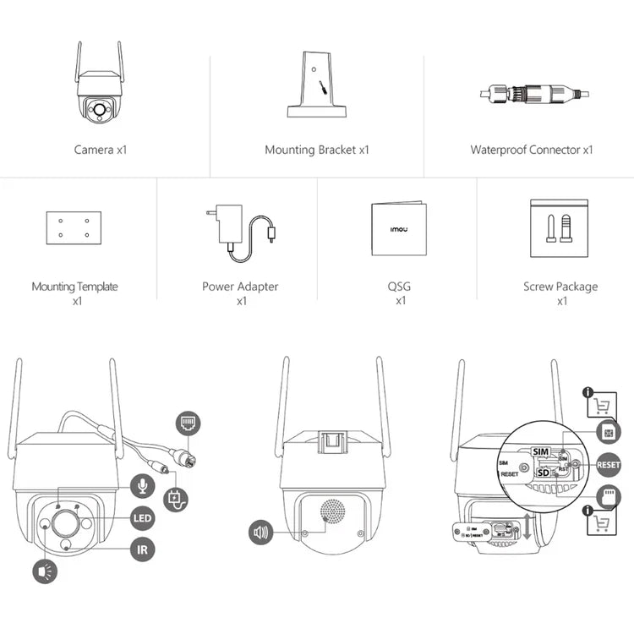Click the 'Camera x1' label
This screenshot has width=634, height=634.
tap(100, 150)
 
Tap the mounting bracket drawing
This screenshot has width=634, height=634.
tap(317, 85)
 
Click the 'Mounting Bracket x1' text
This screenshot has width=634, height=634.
tap(317, 150)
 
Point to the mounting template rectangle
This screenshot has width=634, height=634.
tap(74, 227)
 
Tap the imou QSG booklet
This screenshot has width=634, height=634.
tap(397, 228)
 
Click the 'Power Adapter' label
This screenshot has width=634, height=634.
tap(240, 287)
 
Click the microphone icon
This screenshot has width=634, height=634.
tap(143, 485)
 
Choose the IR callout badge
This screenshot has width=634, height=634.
tap(143, 549)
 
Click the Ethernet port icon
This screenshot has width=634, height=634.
tap(187, 424)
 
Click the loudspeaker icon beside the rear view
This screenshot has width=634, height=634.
tap(262, 533)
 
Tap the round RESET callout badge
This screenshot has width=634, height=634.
tap(608, 464)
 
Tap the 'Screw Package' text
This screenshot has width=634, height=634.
tap(560, 287)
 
